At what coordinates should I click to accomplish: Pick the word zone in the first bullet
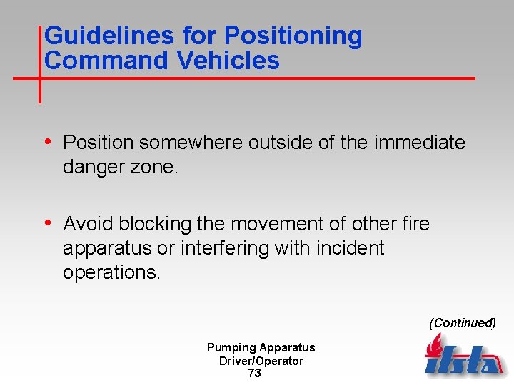(x=158, y=167)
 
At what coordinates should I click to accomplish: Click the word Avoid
(x=89, y=224)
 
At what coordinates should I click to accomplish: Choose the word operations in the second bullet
(x=111, y=272)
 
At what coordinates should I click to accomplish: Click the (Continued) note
(x=462, y=323)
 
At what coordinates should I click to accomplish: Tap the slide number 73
(x=254, y=374)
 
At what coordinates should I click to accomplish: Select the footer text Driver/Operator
(x=261, y=361)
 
